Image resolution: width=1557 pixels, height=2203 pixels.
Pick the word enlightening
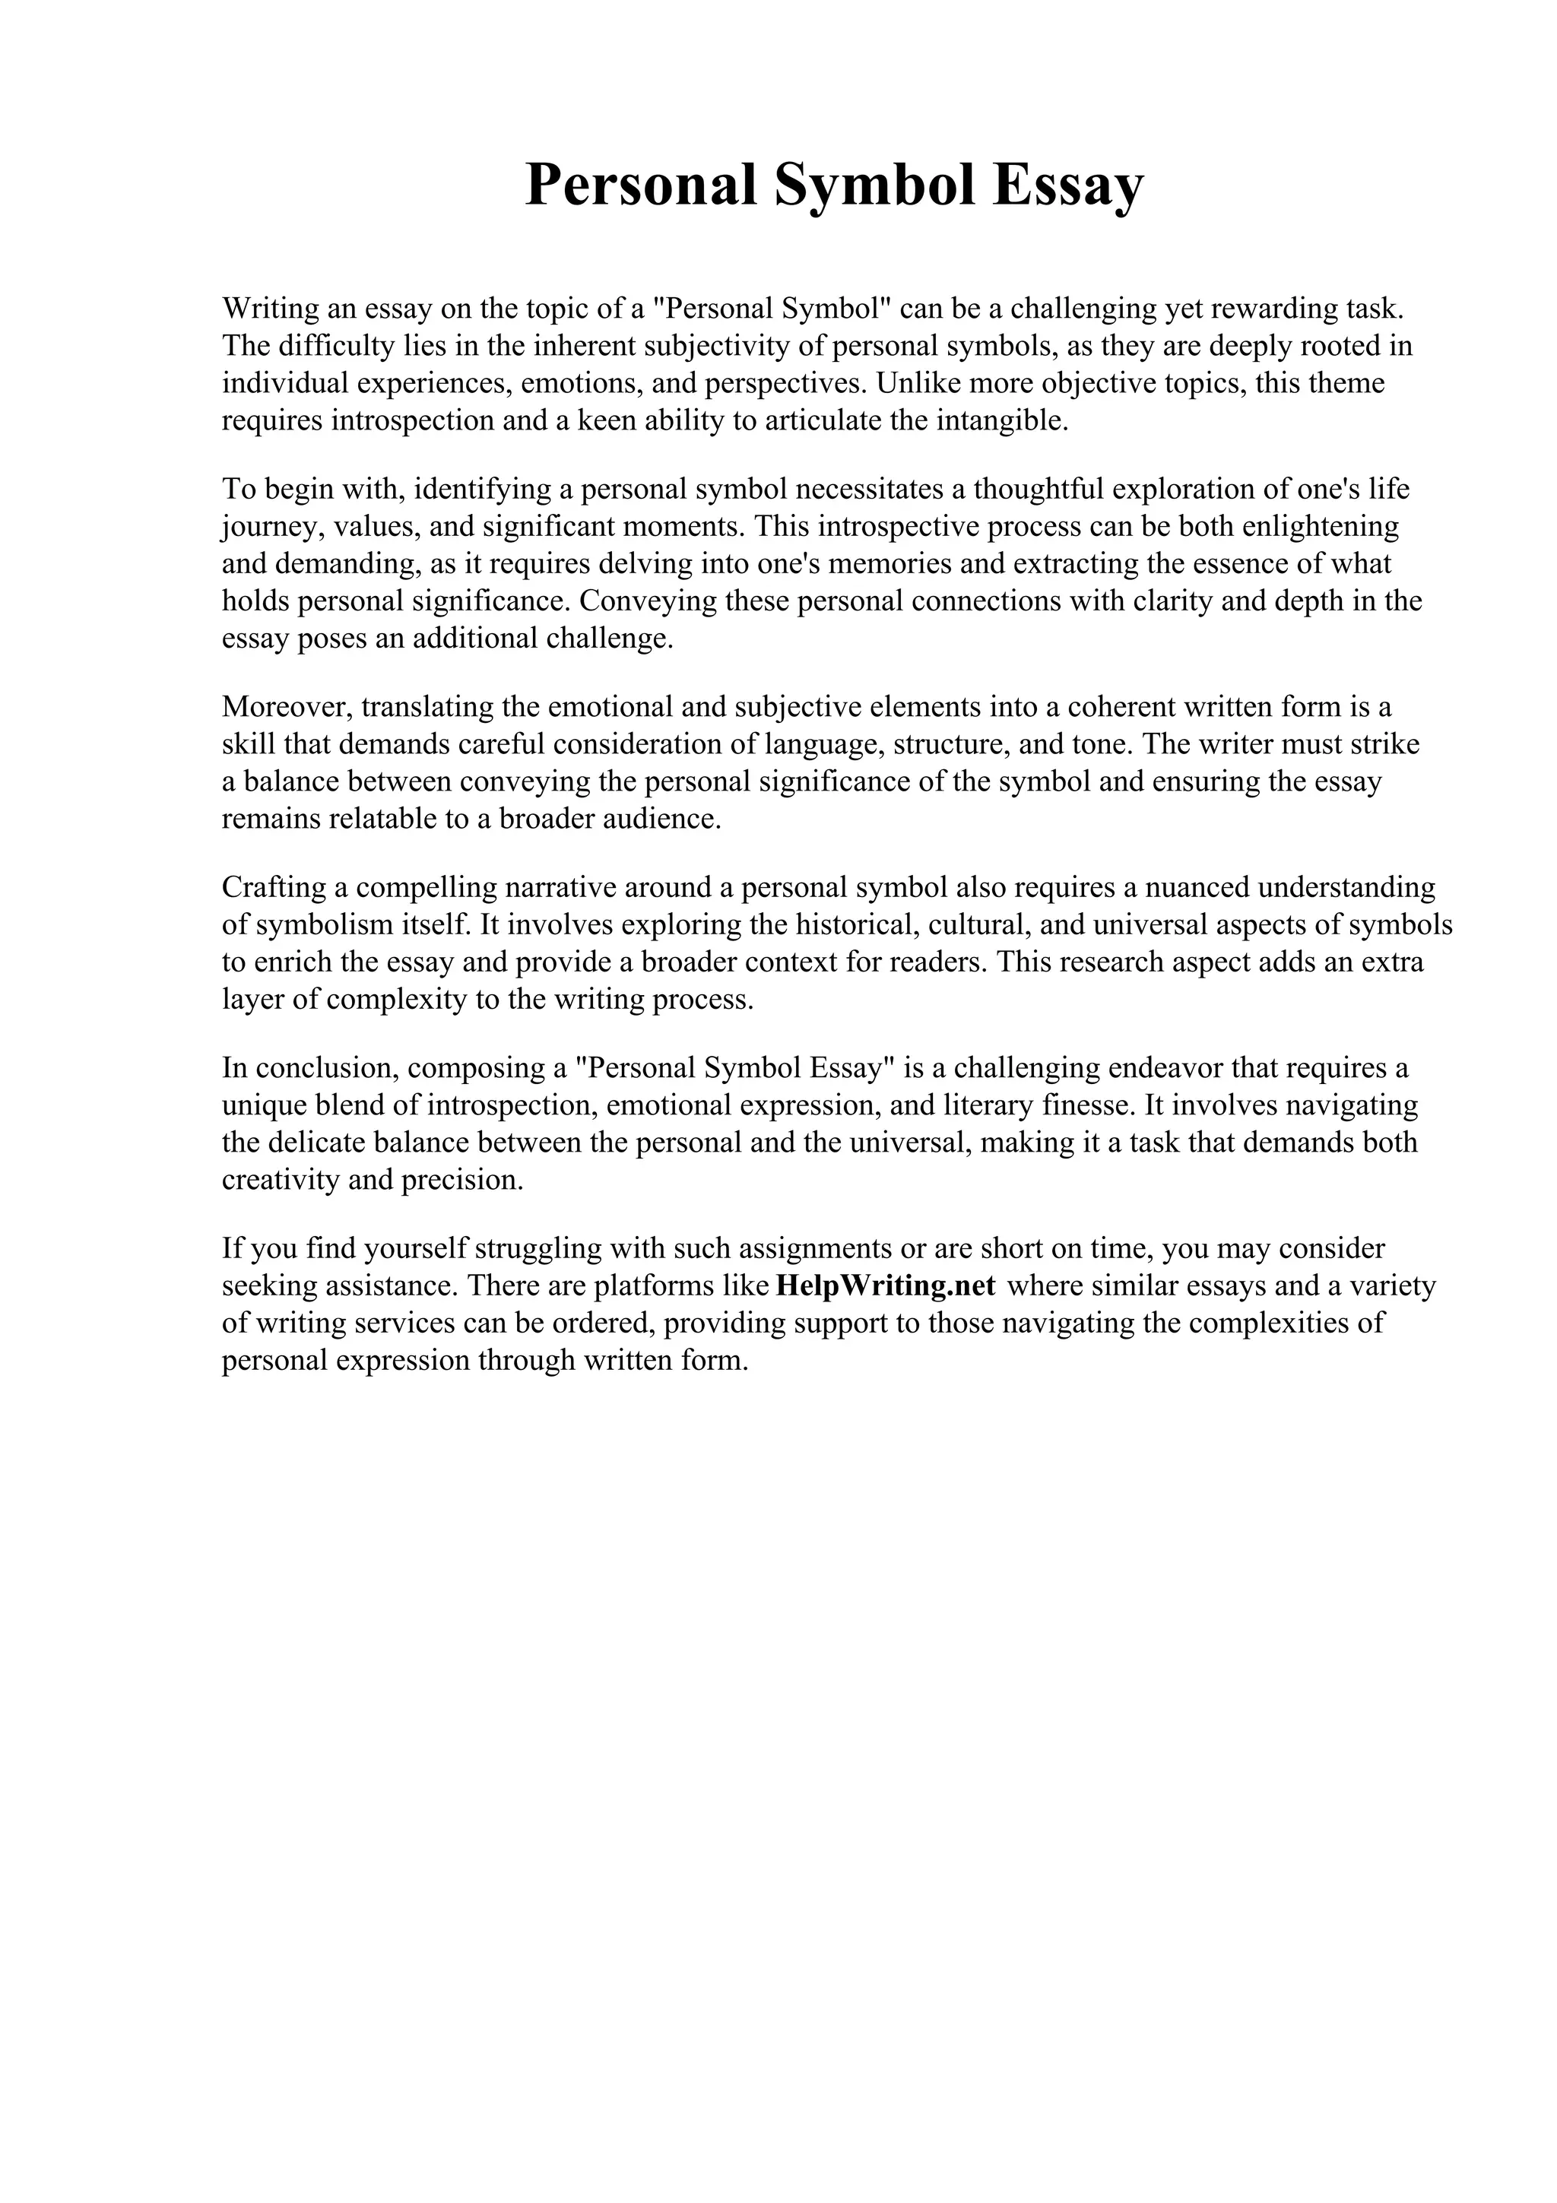[1320, 527]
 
